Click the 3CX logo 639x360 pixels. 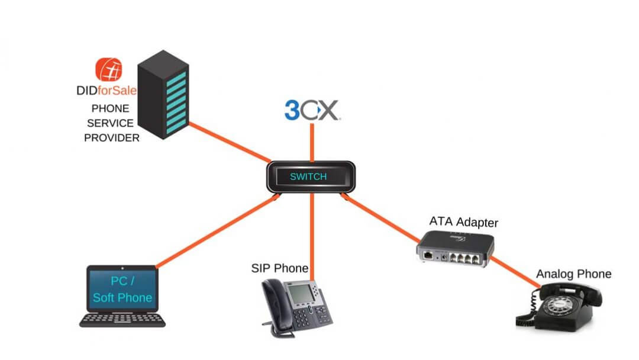(x=312, y=110)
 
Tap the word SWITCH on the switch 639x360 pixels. (x=308, y=176)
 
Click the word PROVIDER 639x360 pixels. (x=112, y=138)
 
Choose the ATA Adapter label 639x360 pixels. (x=464, y=223)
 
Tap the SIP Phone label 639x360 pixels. (x=280, y=269)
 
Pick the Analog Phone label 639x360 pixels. (x=573, y=274)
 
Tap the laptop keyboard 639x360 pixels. (x=123, y=320)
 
